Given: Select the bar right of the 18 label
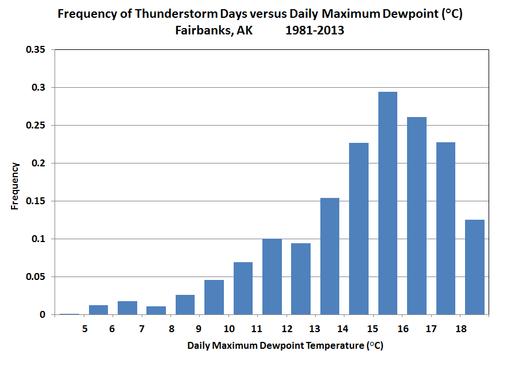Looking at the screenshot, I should pos(474,267).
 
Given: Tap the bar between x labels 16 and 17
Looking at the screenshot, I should pos(416,216).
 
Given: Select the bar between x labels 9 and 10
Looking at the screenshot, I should pos(214,297).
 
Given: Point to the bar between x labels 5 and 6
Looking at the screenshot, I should pos(98,310).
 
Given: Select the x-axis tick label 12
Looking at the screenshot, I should pos(286,329).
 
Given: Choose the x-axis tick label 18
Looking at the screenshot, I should pos(460,329).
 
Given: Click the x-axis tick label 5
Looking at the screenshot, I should pos(84,329).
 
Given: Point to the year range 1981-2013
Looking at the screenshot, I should pos(315,30).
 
